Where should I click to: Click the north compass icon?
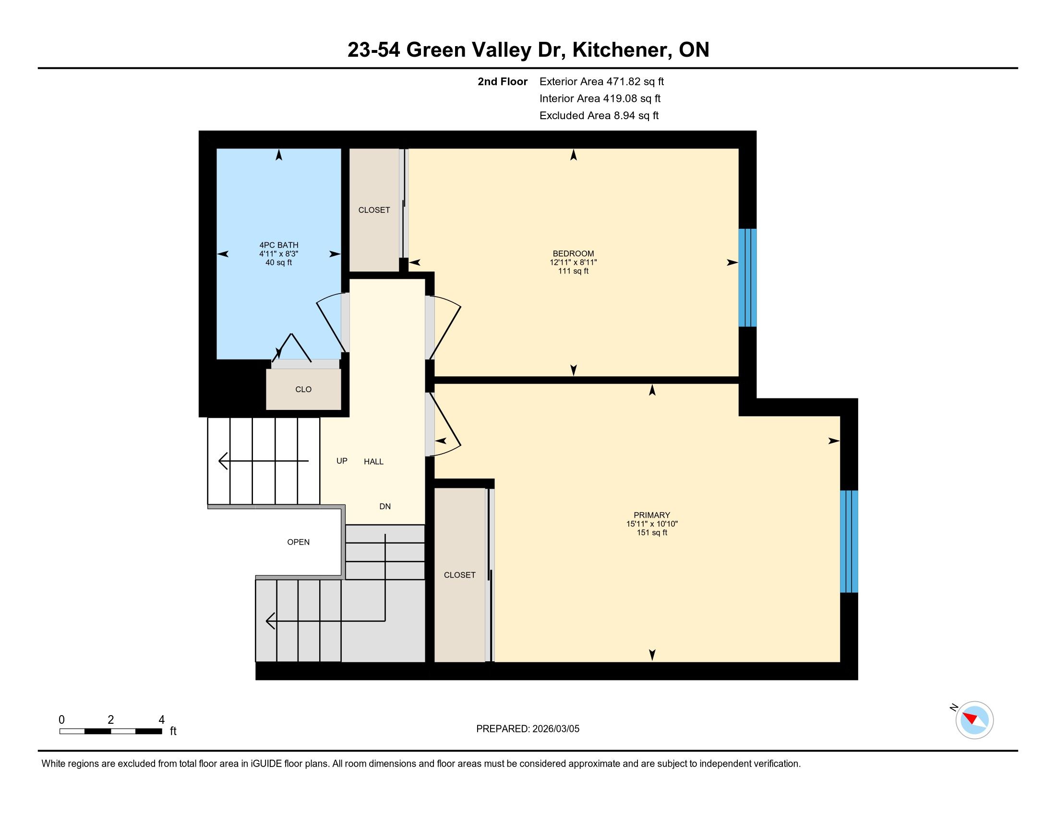pos(974,719)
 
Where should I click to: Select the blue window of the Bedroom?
pos(747,277)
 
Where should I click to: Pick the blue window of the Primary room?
pos(849,541)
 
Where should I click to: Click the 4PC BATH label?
pos(278,245)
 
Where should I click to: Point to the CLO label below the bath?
pos(303,389)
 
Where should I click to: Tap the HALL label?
pos(373,462)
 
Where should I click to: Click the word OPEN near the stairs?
pos(299,542)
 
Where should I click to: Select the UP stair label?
pos(342,461)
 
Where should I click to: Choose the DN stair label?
pos(385,507)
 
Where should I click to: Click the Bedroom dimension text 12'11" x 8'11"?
pos(573,262)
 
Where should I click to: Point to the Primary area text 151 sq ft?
pos(652,532)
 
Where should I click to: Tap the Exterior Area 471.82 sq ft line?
pos(601,81)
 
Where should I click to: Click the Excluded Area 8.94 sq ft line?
pos(599,115)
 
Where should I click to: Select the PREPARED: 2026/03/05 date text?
pos(528,729)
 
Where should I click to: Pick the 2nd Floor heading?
pos(503,81)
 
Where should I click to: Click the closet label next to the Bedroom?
pos(374,210)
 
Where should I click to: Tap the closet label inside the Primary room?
pos(459,575)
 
